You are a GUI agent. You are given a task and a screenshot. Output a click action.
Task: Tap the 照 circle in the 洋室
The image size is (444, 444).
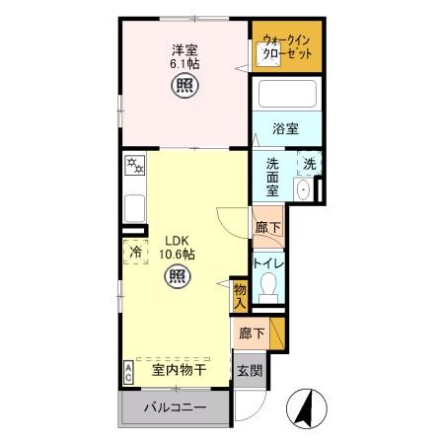(x=184, y=86)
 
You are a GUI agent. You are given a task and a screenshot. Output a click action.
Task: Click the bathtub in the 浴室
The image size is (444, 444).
(x=286, y=96)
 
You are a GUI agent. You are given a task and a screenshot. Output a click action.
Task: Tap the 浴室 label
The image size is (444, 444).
(x=286, y=128)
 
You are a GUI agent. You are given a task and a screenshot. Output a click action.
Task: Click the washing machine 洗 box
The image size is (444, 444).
(x=309, y=165)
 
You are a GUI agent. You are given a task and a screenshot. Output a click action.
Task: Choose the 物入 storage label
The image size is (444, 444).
(x=240, y=295)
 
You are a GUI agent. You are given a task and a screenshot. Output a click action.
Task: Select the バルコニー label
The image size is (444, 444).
(x=174, y=408)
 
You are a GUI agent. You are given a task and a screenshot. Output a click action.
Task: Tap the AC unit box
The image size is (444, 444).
(x=128, y=371)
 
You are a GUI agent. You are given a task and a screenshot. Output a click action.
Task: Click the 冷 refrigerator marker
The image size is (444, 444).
(x=135, y=253)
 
